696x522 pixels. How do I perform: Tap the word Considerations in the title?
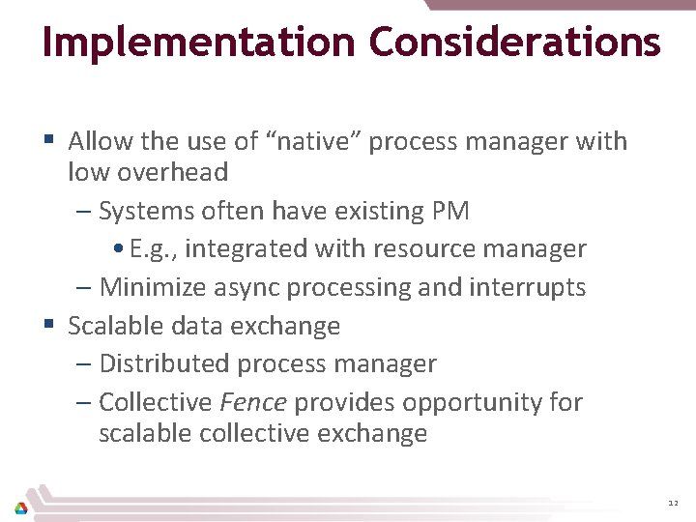515,42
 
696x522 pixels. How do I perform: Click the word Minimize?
153,287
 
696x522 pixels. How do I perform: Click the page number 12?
673,505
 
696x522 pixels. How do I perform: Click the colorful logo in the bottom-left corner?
20,507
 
